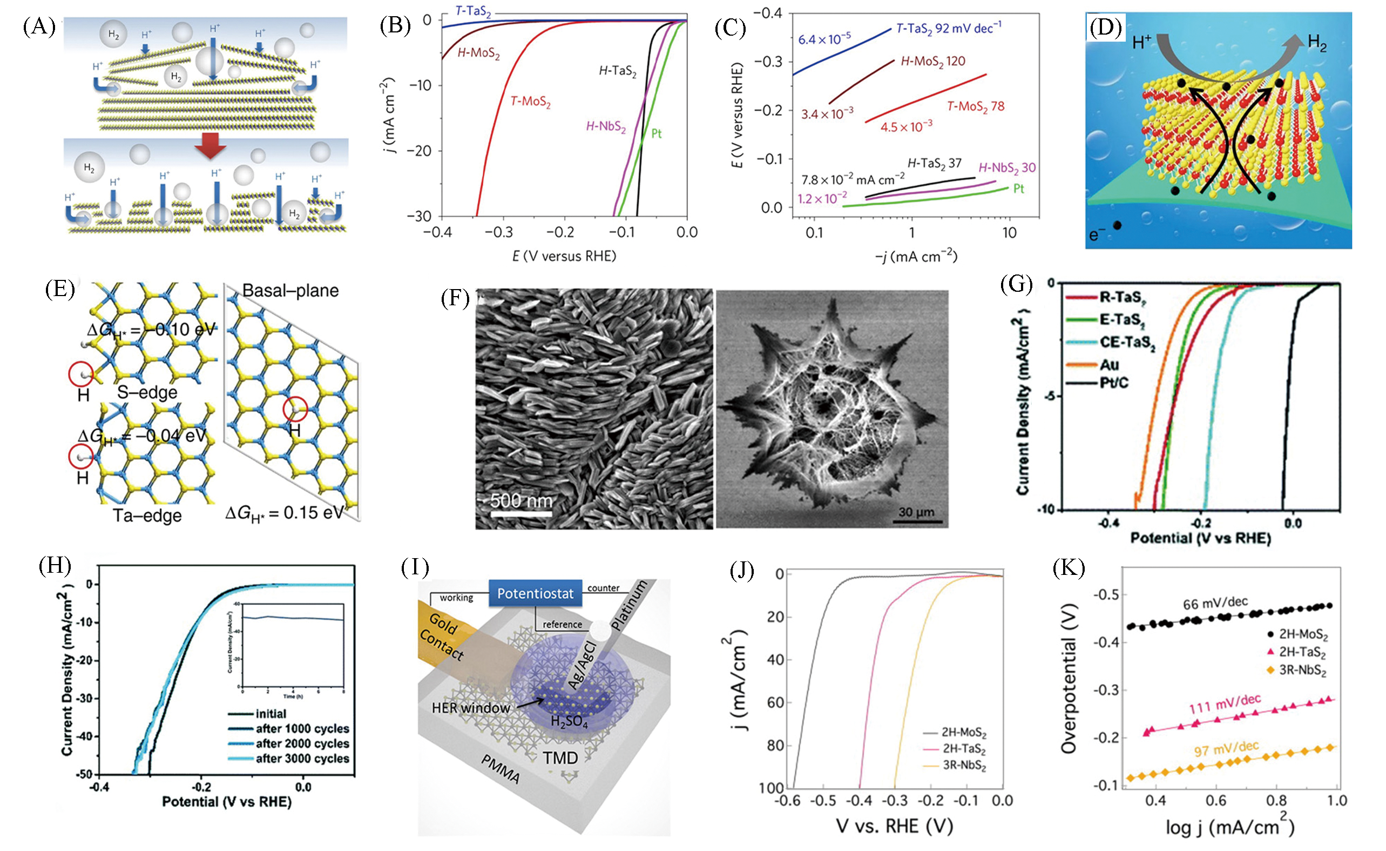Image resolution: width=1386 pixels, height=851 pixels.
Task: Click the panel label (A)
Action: pos(39,27)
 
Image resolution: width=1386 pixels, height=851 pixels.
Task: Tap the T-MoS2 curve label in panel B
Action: pos(530,102)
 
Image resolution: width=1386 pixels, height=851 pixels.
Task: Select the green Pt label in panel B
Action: pos(656,133)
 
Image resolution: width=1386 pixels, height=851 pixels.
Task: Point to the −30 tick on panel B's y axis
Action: pos(420,217)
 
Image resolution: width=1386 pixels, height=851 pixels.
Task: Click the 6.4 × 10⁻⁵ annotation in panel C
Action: pos(824,38)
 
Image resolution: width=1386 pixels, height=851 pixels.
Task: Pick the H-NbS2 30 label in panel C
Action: pos(1006,167)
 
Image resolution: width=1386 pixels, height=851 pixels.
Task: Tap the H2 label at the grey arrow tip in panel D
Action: pos(1317,43)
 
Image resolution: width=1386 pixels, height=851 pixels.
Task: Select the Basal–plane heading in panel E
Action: pos(290,291)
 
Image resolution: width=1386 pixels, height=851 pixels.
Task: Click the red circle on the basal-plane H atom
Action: pos(295,409)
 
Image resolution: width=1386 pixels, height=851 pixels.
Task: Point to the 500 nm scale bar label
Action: pos(521,500)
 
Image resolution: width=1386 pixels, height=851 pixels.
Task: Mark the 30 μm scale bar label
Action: pos(916,512)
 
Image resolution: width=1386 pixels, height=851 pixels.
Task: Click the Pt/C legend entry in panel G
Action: pos(1114,383)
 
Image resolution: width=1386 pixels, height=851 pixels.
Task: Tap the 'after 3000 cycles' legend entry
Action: pos(302,758)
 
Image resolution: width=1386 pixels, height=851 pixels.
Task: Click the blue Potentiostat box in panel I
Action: pos(535,593)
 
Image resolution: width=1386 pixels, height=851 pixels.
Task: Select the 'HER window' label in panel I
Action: pos(470,707)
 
